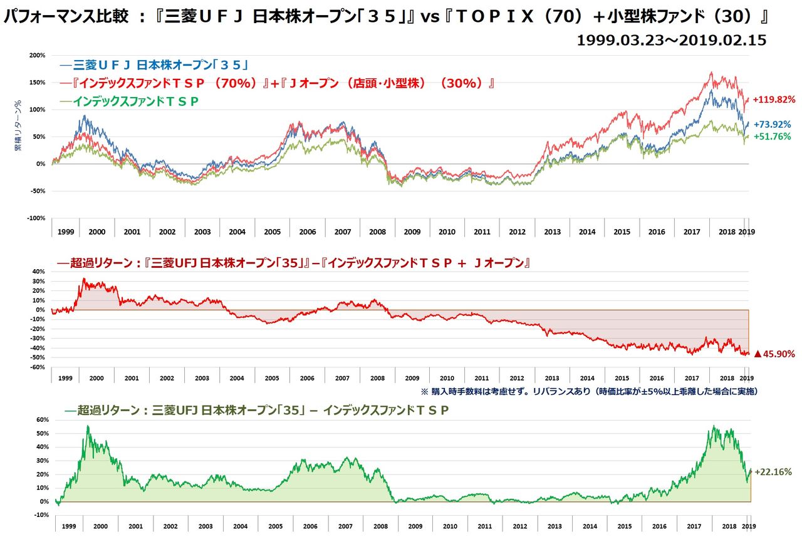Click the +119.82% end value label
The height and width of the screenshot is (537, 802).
pos(774,100)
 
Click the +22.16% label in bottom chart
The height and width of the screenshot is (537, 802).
pos(773,472)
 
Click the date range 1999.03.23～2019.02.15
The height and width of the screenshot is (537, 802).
pos(671,41)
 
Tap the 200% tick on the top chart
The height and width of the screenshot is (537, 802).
pos(38,55)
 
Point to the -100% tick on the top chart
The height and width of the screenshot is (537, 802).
pos(36,218)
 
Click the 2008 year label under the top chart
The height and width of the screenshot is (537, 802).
pos(377,232)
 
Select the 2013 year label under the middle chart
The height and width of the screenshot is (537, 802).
pos(552,379)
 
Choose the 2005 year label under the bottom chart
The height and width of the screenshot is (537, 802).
pos(272,526)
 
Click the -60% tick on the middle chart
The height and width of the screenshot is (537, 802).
pos(38,367)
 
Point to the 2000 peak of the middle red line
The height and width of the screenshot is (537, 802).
pos(84,279)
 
